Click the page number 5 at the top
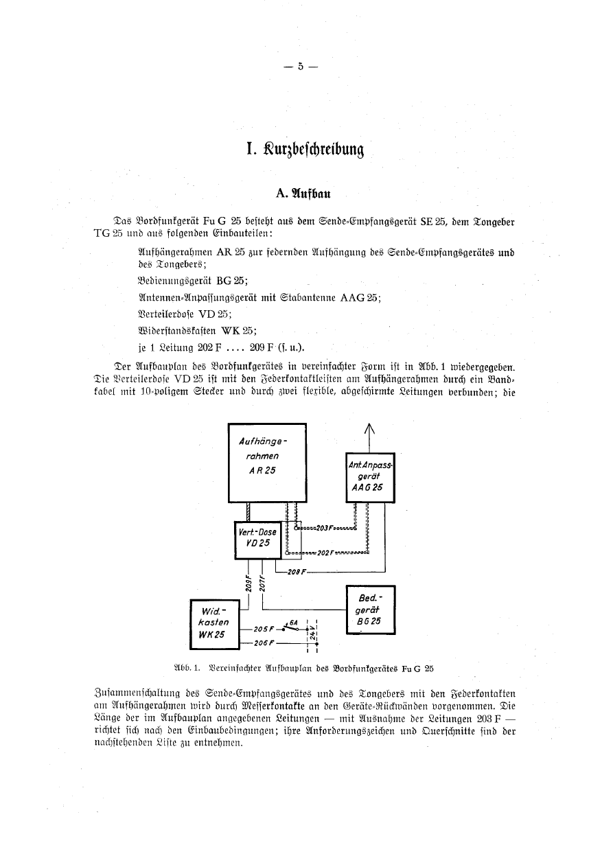[300, 67]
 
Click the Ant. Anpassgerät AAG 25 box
[371, 478]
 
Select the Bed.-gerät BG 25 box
[369, 610]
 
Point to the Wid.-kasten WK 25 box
[209, 623]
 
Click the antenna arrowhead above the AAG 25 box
[369, 430]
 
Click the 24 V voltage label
[312, 634]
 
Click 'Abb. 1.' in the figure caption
[187, 667]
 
